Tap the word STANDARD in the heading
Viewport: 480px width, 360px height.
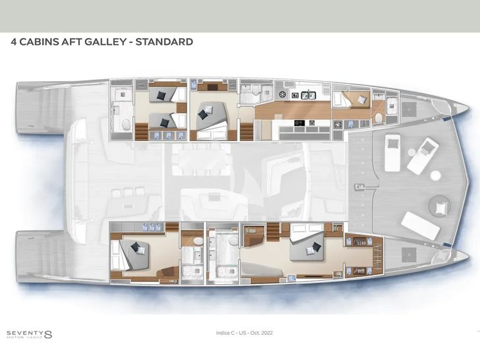[164, 42]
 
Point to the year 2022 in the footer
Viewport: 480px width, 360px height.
[267, 333]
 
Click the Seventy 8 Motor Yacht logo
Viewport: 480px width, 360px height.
[29, 334]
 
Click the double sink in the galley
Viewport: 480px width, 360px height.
[309, 96]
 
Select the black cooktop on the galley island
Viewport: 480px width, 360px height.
[299, 123]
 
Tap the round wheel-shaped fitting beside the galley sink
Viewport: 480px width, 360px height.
[282, 94]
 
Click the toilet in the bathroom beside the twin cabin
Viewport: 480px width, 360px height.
[126, 125]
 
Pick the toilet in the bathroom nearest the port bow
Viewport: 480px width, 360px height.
[378, 118]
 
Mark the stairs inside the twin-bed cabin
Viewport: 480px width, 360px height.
[141, 131]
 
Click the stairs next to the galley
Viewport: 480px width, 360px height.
[247, 131]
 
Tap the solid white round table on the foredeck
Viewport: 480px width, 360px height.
[435, 175]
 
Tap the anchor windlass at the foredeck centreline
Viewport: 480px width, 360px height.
[359, 187]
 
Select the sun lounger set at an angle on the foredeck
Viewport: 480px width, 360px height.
[423, 156]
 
